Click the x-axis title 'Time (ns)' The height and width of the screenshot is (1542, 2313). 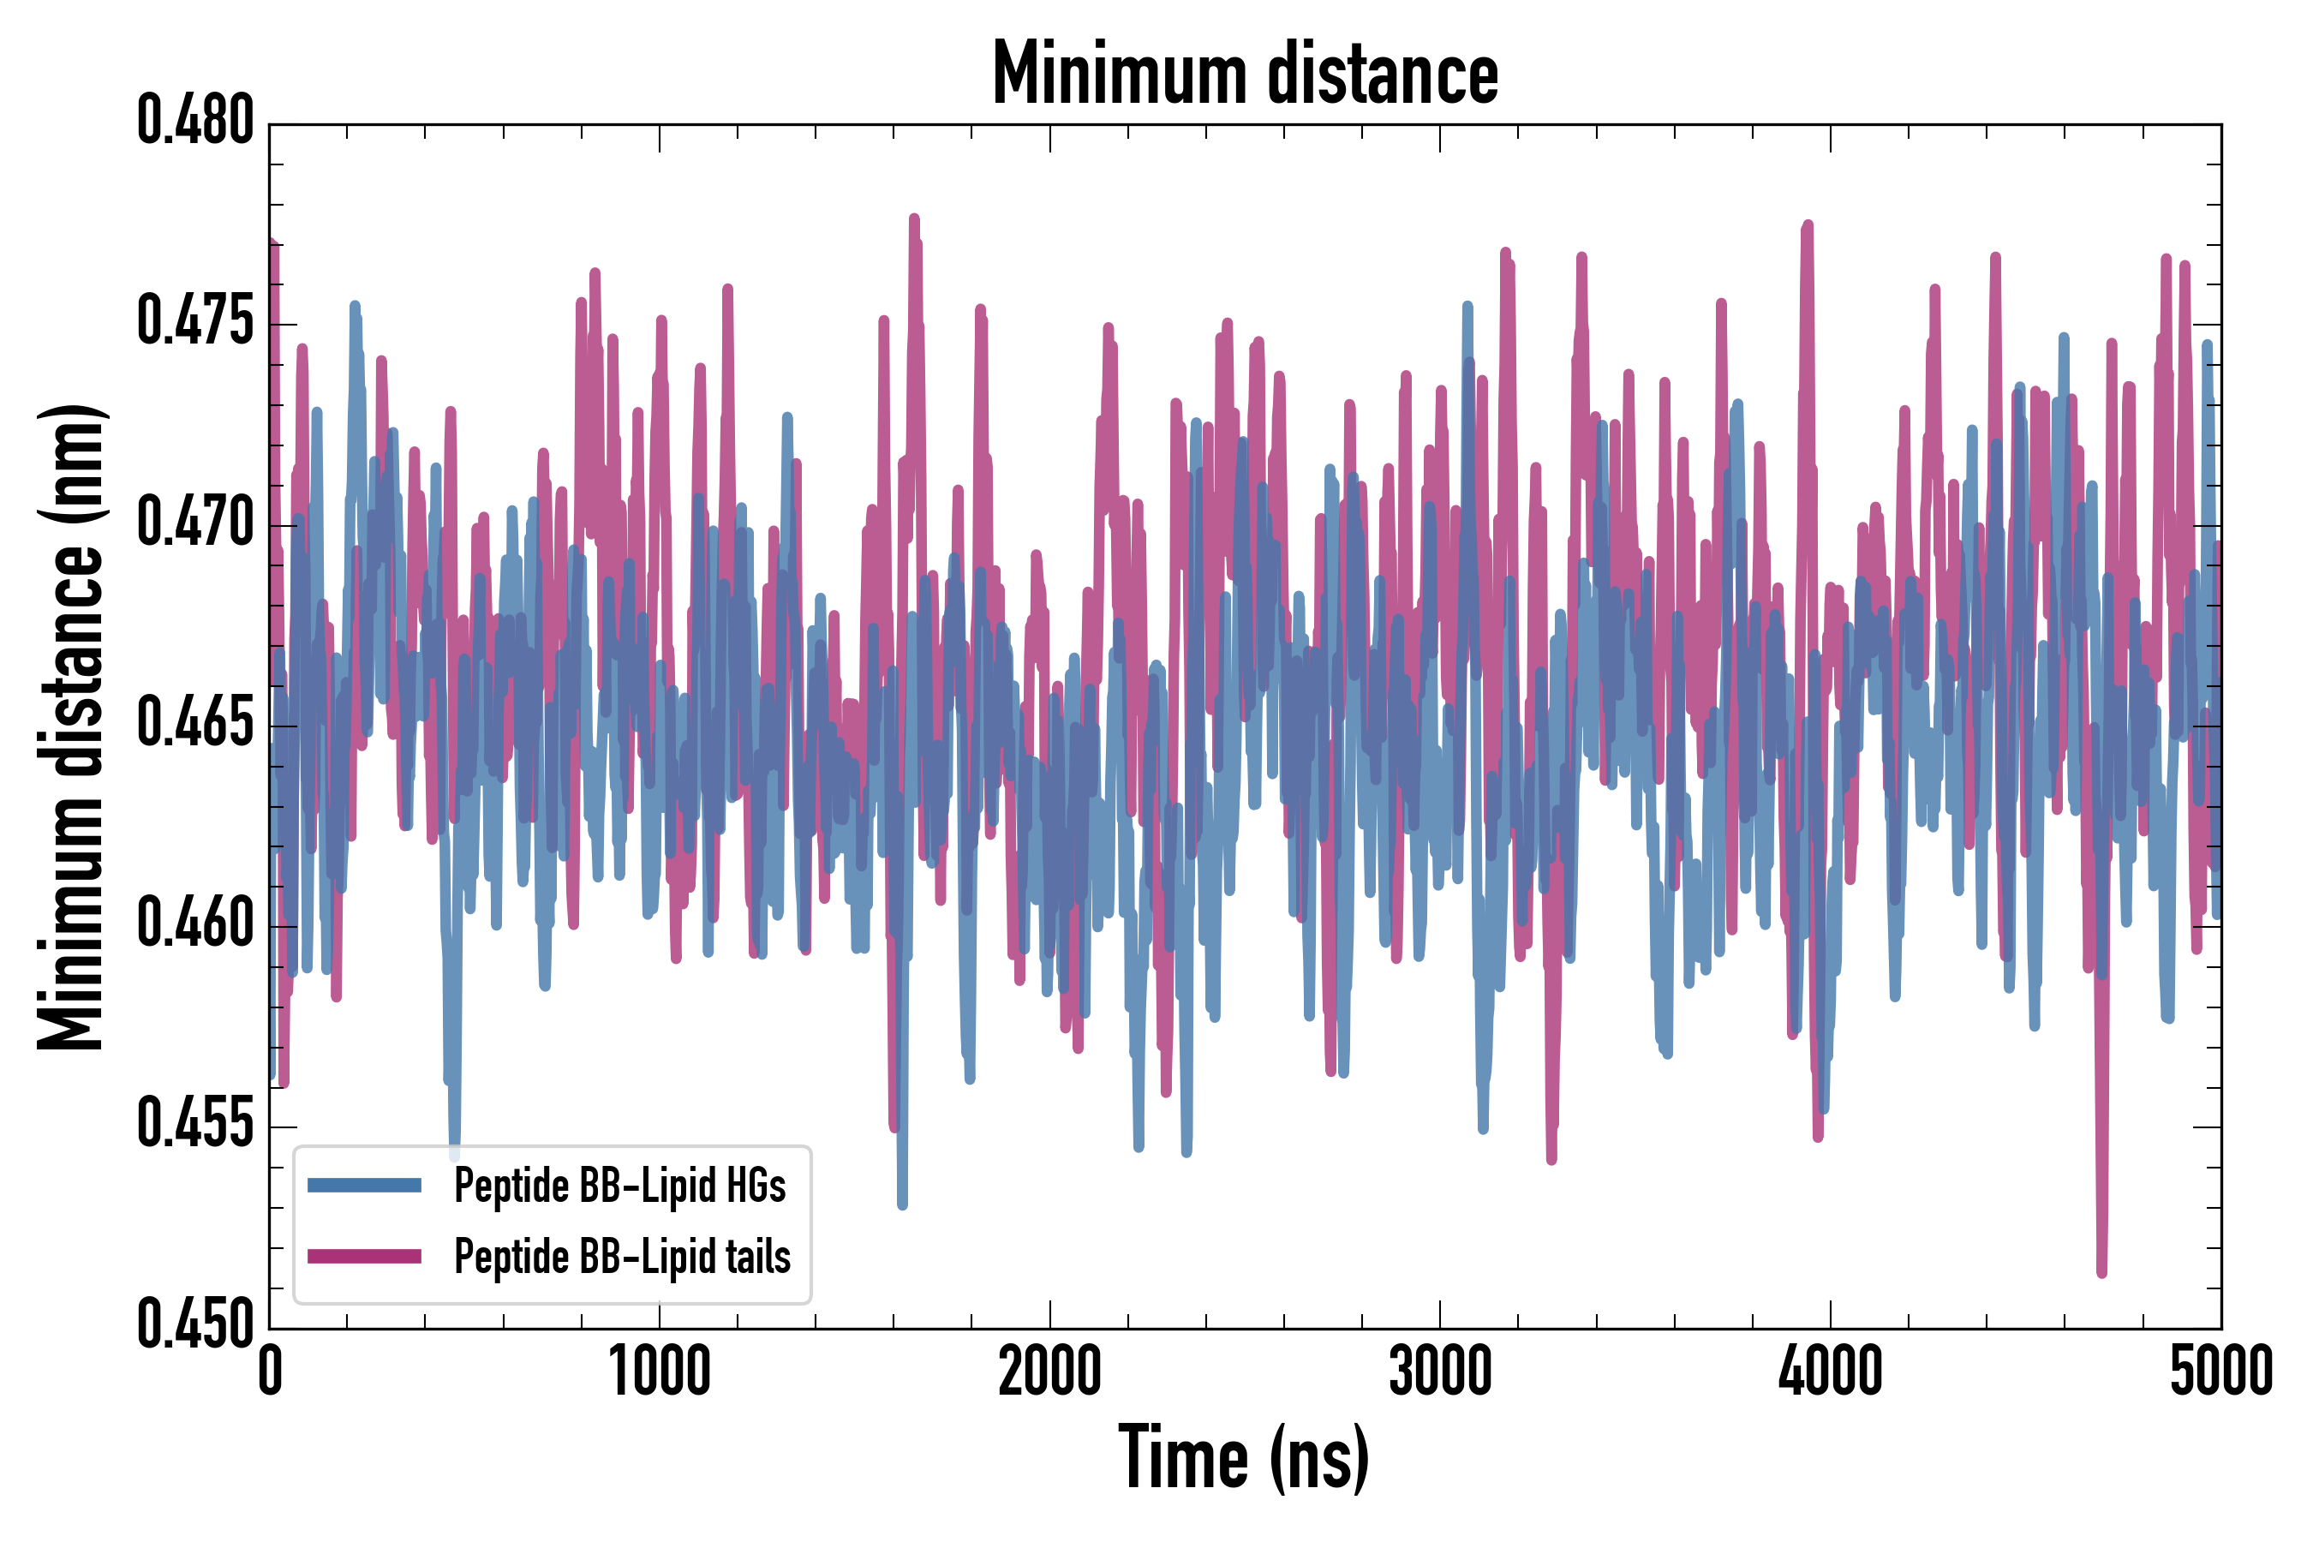click(x=1243, y=1457)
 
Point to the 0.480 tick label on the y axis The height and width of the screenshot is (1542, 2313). click(x=194, y=122)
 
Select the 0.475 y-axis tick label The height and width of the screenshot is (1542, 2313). click(x=194, y=323)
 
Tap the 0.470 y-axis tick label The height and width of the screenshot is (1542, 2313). click(x=194, y=523)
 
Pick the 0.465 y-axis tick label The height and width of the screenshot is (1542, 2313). click(x=194, y=725)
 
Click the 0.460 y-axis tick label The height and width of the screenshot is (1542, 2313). click(x=194, y=925)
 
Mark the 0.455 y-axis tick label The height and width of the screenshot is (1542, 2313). click(x=194, y=1126)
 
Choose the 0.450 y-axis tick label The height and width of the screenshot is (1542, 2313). click(x=194, y=1327)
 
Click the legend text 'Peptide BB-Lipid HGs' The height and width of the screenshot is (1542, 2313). click(x=619, y=1185)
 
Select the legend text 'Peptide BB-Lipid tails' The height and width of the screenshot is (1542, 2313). click(x=622, y=1257)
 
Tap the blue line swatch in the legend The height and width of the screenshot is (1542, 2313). click(x=364, y=1185)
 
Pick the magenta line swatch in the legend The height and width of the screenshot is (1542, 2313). click(x=364, y=1256)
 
